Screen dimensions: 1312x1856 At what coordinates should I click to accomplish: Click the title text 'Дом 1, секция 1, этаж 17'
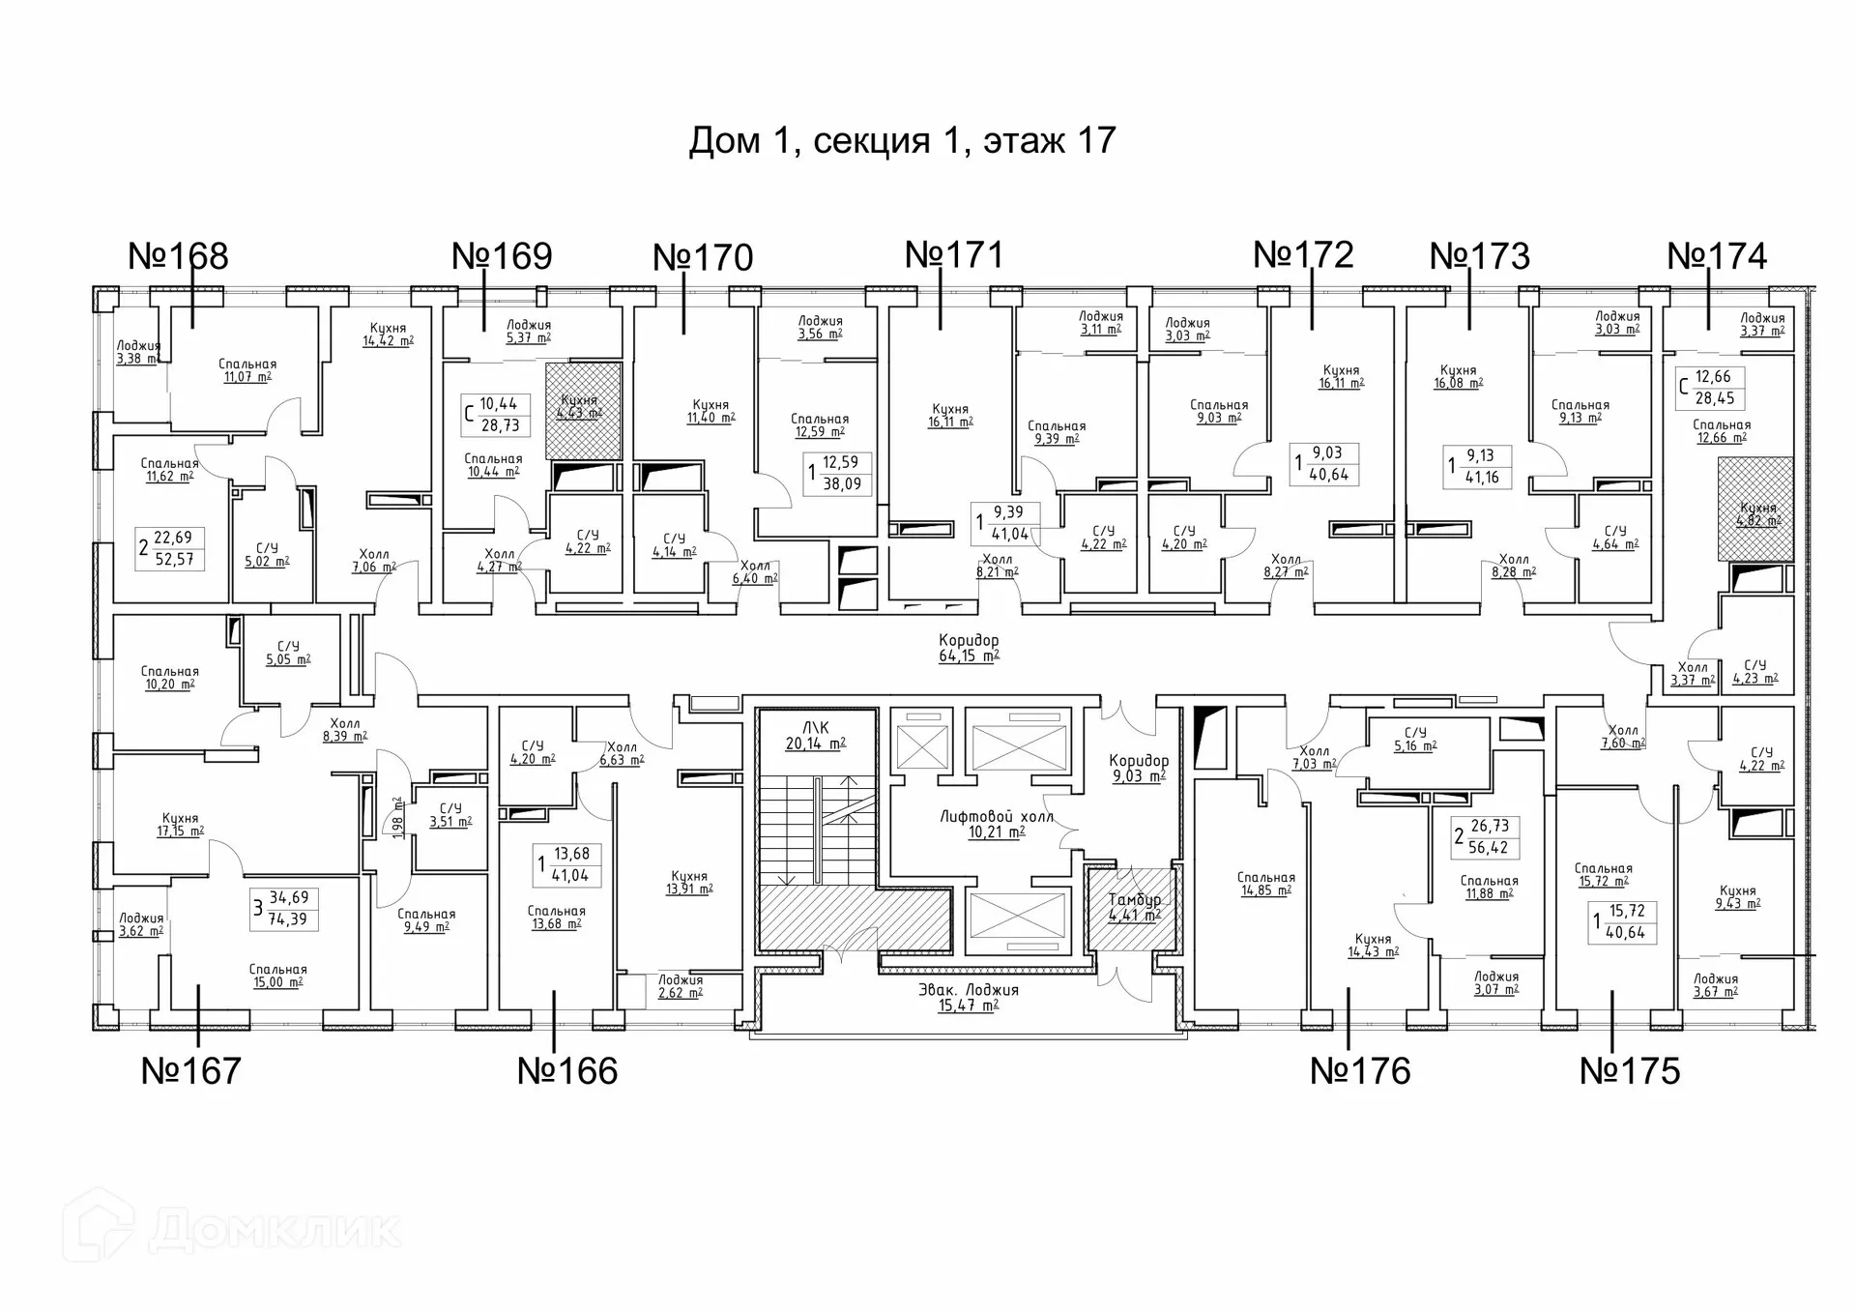(902, 141)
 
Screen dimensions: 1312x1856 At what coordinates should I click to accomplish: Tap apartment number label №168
(178, 256)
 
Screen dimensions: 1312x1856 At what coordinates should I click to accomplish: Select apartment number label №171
(954, 254)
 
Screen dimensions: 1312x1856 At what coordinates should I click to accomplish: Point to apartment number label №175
(1630, 1071)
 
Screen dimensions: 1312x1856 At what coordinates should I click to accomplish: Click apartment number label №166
(567, 1071)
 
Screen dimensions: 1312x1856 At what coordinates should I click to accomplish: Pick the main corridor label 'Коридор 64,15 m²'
(969, 648)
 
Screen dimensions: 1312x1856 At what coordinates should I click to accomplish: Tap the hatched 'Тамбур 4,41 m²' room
(1134, 908)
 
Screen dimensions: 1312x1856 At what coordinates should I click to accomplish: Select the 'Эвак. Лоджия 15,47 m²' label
(969, 997)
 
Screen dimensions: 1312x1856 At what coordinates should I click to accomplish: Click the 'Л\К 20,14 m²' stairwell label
(816, 736)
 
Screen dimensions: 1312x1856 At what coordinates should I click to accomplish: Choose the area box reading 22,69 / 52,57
(172, 548)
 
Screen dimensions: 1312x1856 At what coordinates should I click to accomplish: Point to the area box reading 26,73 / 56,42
(1487, 837)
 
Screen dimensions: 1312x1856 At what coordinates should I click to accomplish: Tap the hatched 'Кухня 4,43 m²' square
(583, 410)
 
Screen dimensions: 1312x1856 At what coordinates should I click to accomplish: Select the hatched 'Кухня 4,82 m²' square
(1755, 510)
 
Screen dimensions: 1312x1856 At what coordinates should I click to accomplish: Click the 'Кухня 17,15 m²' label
(181, 825)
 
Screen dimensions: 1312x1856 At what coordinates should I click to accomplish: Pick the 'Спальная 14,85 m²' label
(1265, 885)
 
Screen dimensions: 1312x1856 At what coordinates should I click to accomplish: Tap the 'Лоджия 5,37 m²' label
(528, 332)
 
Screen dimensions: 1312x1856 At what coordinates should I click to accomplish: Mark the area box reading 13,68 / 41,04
(569, 865)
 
